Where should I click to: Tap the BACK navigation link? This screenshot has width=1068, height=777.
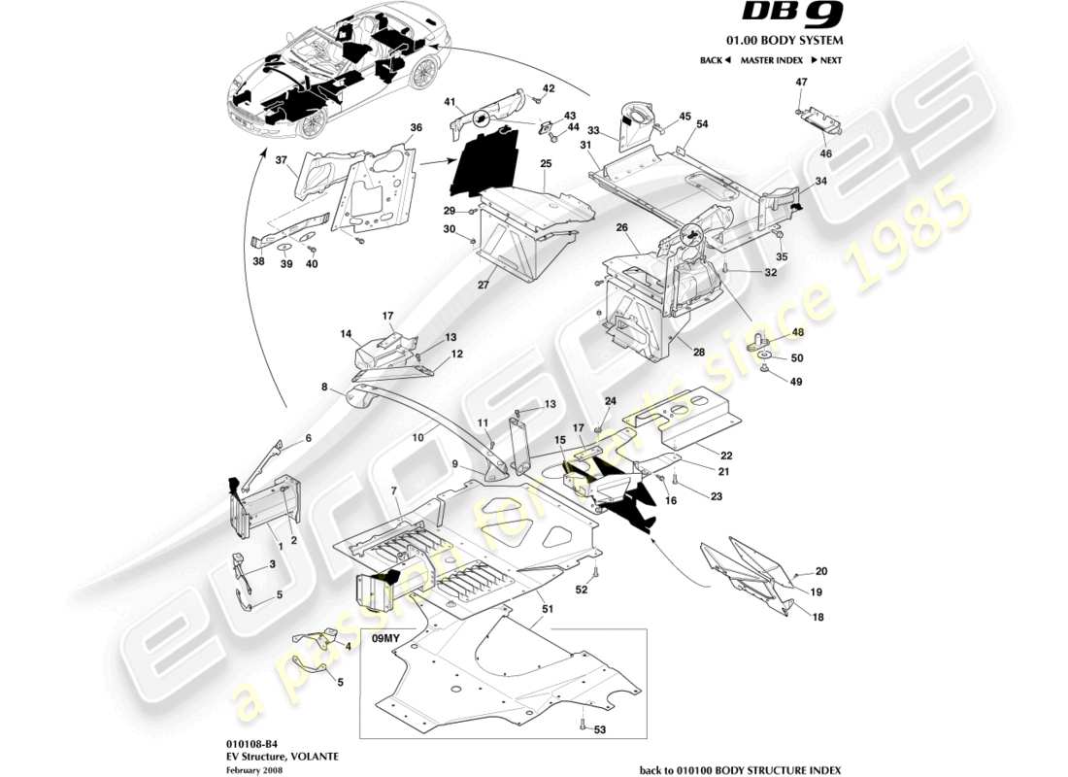click(714, 60)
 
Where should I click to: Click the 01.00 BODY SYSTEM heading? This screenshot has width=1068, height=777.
click(798, 41)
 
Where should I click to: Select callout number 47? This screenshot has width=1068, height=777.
click(801, 84)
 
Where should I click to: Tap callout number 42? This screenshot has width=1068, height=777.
click(549, 88)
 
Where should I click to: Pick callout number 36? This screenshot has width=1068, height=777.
click(416, 127)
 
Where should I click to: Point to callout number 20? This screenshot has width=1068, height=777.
click(820, 571)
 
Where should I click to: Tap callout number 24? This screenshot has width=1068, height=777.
click(611, 401)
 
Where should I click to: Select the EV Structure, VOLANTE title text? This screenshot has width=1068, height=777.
click(261, 755)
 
